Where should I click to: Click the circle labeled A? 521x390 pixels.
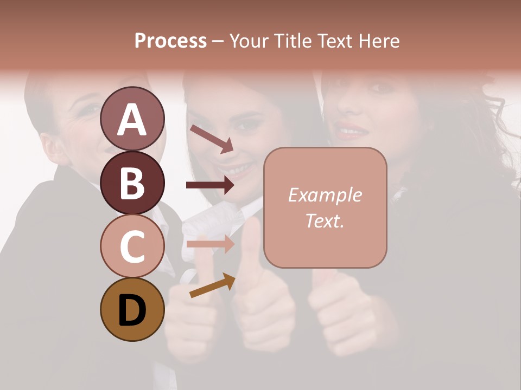click(x=132, y=119)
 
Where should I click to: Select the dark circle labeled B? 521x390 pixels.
click(x=132, y=183)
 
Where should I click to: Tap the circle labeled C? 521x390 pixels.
click(x=132, y=246)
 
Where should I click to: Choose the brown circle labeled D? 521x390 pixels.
click(x=132, y=309)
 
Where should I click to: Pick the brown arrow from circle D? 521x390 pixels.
click(x=212, y=285)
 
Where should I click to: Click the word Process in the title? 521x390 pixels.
click(x=170, y=41)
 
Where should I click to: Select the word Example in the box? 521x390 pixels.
click(x=325, y=195)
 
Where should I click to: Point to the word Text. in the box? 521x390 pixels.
click(x=325, y=220)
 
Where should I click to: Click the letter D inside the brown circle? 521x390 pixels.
click(x=132, y=310)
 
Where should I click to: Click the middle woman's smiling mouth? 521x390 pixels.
click(x=239, y=170)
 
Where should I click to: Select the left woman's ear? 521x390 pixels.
click(x=50, y=145)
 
